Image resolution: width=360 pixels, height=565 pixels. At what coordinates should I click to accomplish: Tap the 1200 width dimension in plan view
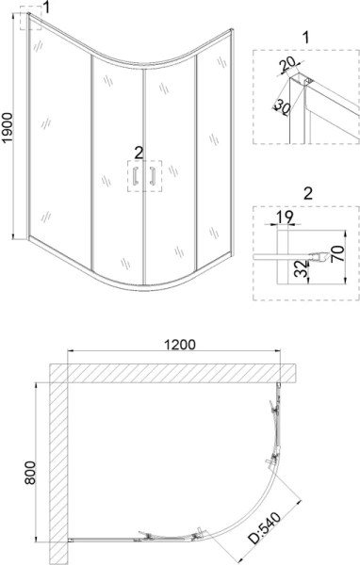click(179, 344)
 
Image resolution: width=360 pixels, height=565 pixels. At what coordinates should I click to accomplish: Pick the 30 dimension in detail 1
click(280, 105)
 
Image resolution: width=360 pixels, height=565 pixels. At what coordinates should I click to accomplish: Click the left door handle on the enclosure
click(135, 175)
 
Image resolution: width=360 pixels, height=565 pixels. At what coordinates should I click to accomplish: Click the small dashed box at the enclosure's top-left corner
click(33, 22)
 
